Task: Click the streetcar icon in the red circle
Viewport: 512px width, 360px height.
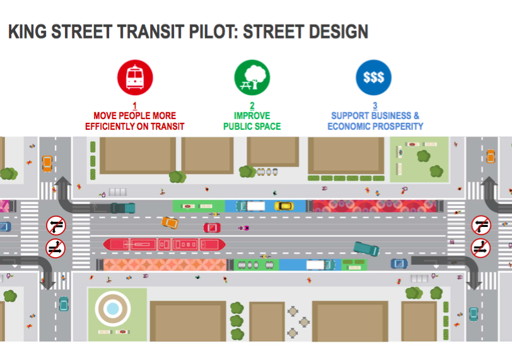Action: (x=135, y=78)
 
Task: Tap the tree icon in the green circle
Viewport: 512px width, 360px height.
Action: (x=252, y=78)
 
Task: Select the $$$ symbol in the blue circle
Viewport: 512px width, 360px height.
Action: (x=374, y=78)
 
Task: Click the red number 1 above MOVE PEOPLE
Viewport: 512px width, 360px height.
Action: (x=134, y=105)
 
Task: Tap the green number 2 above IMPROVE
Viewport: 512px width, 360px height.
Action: (x=252, y=105)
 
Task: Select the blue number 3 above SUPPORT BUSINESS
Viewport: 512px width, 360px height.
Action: (x=375, y=105)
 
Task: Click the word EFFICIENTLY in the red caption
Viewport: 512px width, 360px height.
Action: (x=113, y=126)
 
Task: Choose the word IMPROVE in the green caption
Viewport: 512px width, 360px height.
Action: (x=252, y=116)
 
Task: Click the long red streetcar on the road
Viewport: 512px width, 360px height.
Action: (x=164, y=244)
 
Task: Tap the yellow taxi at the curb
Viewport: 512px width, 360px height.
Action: (x=284, y=206)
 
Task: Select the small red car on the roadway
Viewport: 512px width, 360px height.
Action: (x=211, y=227)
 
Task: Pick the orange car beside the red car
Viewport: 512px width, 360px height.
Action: (x=169, y=222)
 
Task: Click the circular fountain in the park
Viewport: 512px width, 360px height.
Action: (x=112, y=308)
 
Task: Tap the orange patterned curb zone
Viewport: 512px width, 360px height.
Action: (x=165, y=265)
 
